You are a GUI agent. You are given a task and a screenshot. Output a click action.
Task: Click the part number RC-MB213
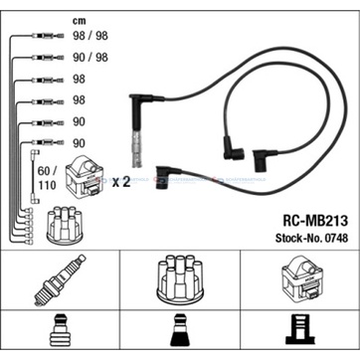[315, 221]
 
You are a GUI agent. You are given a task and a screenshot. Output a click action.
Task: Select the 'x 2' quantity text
[120, 182]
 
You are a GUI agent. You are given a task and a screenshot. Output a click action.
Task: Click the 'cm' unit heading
[80, 21]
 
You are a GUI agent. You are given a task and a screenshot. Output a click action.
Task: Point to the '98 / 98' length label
[90, 36]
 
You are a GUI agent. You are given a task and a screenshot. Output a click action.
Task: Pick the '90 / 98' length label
[90, 57]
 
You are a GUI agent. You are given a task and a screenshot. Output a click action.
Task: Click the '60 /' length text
[48, 171]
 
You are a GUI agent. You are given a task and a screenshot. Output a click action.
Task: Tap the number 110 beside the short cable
[47, 186]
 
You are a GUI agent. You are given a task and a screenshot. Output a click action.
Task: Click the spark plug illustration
[60, 279]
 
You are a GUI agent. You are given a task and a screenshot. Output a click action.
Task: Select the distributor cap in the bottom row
[179, 278]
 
